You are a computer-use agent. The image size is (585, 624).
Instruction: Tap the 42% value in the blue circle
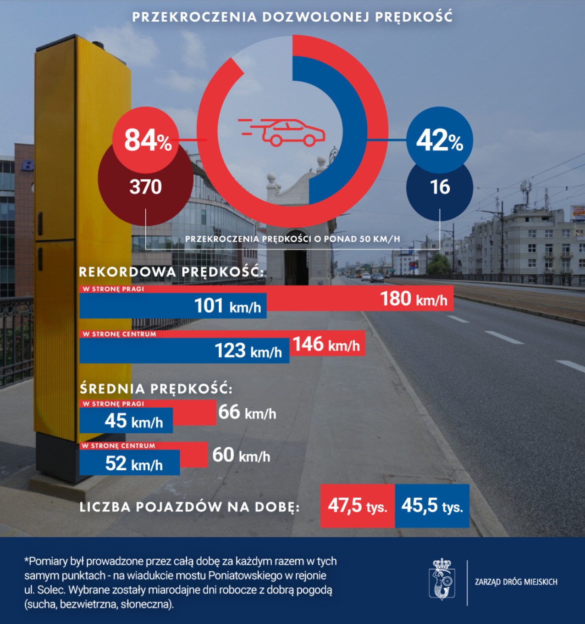[439, 140]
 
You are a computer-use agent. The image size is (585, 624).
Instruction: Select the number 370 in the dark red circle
[145, 187]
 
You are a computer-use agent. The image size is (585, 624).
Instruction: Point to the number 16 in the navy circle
[439, 187]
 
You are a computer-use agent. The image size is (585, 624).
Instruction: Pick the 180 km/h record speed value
[414, 299]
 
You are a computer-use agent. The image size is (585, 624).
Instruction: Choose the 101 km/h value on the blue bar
[227, 306]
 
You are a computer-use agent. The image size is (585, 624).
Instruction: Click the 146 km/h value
[326, 344]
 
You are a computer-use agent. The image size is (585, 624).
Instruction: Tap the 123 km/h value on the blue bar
[248, 351]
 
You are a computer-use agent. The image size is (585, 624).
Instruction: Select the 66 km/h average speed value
[247, 412]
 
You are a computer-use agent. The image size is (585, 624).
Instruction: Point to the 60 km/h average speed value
[241, 456]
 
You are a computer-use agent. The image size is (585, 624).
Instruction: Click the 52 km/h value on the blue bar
[134, 464]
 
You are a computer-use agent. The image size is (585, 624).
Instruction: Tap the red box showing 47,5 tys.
[357, 506]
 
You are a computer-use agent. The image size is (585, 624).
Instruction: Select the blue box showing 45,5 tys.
[432, 506]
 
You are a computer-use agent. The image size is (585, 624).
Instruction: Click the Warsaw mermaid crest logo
[442, 579]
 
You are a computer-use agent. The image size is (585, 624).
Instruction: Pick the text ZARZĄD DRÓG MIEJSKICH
[516, 582]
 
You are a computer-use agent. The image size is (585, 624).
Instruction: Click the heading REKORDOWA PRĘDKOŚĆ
[171, 272]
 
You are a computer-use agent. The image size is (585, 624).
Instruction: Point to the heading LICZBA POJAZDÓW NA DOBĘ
[189, 507]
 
